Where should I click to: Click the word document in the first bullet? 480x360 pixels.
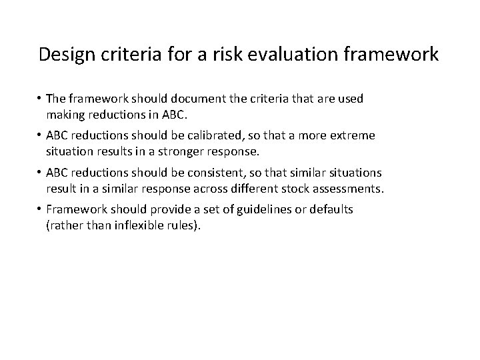[187, 99]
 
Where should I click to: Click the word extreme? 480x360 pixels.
[352, 136]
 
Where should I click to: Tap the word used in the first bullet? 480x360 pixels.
[350, 99]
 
